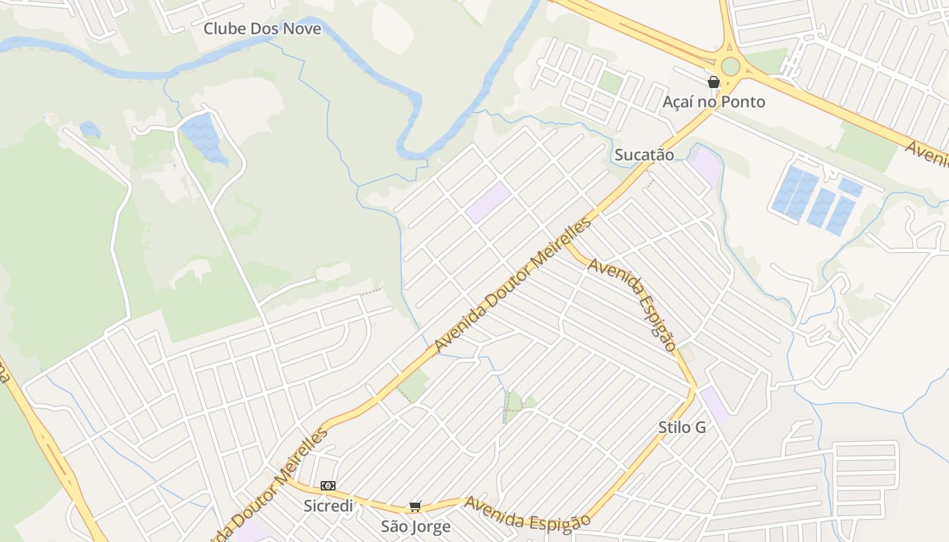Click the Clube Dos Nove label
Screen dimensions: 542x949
pos(262,29)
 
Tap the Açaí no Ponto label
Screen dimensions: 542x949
pos(714,102)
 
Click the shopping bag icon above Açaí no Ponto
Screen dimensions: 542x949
pos(714,83)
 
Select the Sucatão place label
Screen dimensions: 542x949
pos(644,155)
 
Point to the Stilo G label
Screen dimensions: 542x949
pos(682,428)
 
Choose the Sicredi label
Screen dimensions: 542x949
pos(328,506)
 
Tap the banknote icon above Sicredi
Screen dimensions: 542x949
pos(328,486)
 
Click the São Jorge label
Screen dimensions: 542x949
pos(416,526)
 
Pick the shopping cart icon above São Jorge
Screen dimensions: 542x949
pos(416,507)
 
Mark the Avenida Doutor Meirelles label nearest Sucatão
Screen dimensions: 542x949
pos(512,285)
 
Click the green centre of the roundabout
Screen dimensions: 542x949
pos(730,66)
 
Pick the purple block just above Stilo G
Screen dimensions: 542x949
pos(714,402)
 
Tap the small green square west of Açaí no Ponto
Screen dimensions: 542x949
pos(610,83)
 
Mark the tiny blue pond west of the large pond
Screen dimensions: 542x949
pos(89,128)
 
